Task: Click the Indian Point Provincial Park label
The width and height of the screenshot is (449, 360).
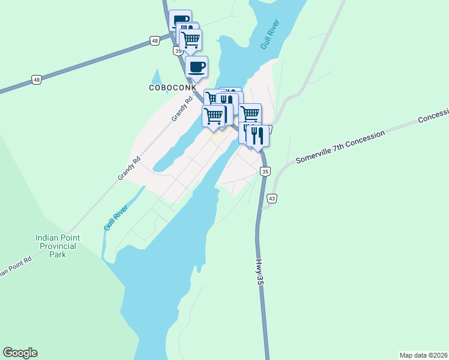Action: pos(57,246)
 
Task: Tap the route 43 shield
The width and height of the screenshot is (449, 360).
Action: pos(271,199)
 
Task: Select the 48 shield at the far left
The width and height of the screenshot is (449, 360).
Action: pos(37,79)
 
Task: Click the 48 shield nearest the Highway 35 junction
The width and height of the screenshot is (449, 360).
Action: pos(155,40)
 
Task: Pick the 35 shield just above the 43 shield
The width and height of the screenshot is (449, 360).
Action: pos(265,172)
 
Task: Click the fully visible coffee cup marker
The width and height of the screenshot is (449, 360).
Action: pos(196,66)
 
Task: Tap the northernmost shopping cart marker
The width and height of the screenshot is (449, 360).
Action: pos(190,40)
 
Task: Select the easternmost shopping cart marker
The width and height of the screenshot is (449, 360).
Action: pos(250,113)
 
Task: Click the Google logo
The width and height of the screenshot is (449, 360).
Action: pos(20,353)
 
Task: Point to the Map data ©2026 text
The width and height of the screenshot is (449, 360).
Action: pos(423,355)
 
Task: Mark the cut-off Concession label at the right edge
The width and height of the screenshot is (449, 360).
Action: pos(433,116)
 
